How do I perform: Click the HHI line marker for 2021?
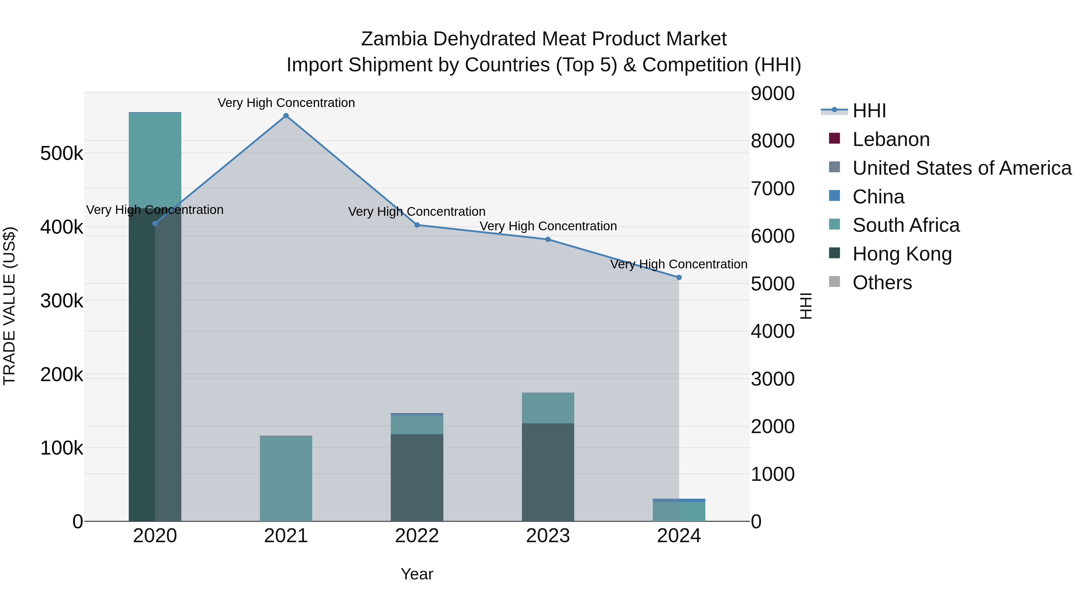pyautogui.click(x=286, y=116)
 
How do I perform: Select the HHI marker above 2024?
pyautogui.click(x=679, y=277)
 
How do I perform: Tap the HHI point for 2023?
pyautogui.click(x=548, y=239)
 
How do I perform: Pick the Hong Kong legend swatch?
pyautogui.click(x=834, y=254)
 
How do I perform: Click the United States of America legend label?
pyautogui.click(x=962, y=168)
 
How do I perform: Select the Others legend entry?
pyautogui.click(x=882, y=283)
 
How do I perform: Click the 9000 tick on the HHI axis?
pyautogui.click(x=772, y=93)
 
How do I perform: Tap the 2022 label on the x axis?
pyautogui.click(x=417, y=536)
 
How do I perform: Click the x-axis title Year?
pyautogui.click(x=417, y=574)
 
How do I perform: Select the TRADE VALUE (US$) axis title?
pyautogui.click(x=9, y=306)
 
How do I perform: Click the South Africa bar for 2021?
pyautogui.click(x=286, y=478)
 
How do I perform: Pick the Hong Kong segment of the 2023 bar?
pyautogui.click(x=548, y=472)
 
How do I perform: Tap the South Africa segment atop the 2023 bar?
pyautogui.click(x=548, y=408)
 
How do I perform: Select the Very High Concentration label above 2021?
pyautogui.click(x=286, y=103)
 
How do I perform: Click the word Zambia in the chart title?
pyautogui.click(x=393, y=39)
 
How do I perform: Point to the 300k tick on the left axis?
pyautogui.click(x=62, y=301)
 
